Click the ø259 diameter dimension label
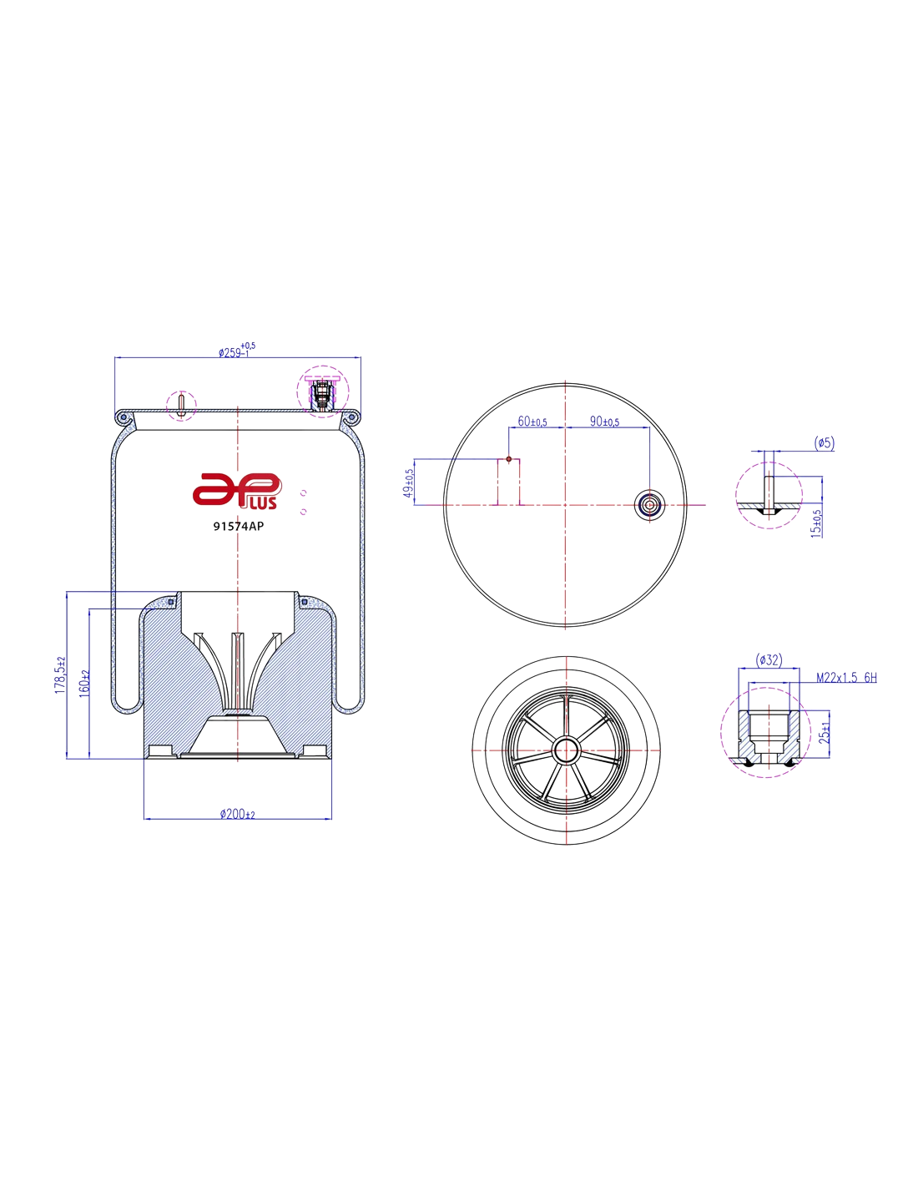[236, 351]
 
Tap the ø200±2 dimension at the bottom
[237, 814]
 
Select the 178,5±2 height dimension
[59, 675]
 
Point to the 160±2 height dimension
[83, 684]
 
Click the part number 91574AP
[238, 526]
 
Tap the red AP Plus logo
[237, 491]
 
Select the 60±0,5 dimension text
[532, 422]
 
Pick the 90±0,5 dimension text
[604, 422]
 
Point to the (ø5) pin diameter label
[824, 442]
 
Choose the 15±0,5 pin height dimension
[816, 524]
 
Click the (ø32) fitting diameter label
[769, 660]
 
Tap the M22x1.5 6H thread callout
[846, 678]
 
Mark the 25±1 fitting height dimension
[824, 732]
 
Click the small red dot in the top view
[508, 459]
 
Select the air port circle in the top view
[649, 505]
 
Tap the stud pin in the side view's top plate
[182, 406]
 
